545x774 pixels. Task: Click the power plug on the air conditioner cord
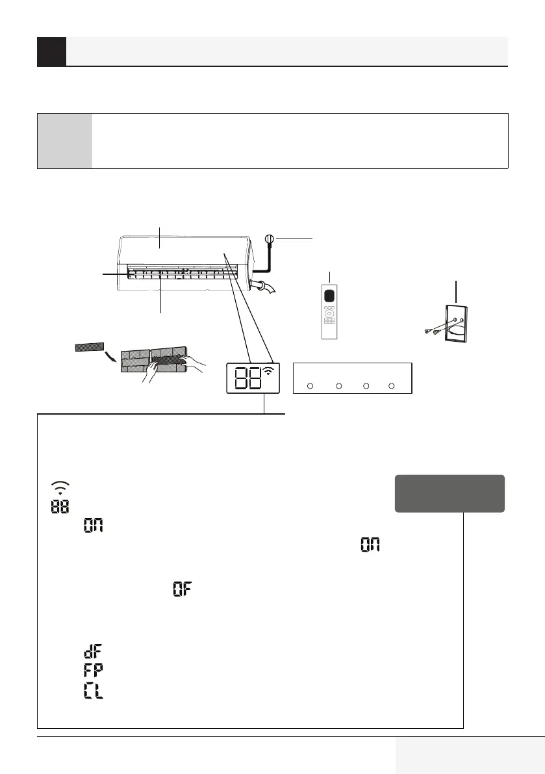coord(268,240)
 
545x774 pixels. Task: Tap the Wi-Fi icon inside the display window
coord(268,372)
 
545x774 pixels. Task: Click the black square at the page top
coord(51,51)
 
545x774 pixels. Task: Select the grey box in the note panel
coord(65,141)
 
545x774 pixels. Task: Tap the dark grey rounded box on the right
coord(450,493)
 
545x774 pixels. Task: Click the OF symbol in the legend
coord(183,590)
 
